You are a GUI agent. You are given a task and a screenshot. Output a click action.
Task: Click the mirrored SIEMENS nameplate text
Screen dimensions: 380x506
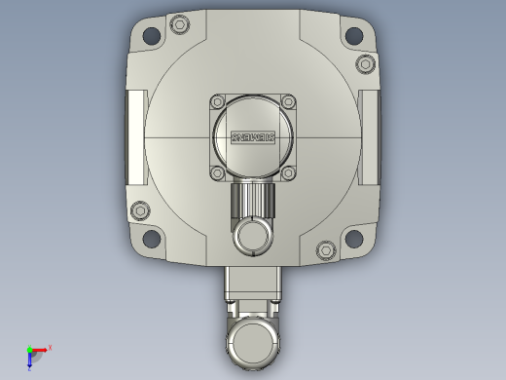(x=253, y=136)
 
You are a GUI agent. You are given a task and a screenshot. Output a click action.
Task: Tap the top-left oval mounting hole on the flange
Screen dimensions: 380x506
(x=152, y=37)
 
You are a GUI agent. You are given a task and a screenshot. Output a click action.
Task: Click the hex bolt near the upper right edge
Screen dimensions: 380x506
(x=365, y=63)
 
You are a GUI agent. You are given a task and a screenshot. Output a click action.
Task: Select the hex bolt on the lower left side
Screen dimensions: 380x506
(x=140, y=210)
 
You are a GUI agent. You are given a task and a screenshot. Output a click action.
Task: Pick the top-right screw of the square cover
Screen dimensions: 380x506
(x=287, y=101)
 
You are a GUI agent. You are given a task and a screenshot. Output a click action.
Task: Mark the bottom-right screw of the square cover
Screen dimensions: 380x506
(x=287, y=171)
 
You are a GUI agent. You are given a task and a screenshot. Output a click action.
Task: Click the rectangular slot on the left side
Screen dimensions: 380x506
(x=135, y=136)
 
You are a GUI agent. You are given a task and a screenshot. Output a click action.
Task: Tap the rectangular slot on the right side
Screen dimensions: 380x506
(x=370, y=136)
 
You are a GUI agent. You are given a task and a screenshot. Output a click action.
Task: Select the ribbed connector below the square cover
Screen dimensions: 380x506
(x=253, y=203)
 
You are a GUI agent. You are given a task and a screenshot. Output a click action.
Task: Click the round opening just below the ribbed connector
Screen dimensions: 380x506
(x=253, y=235)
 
